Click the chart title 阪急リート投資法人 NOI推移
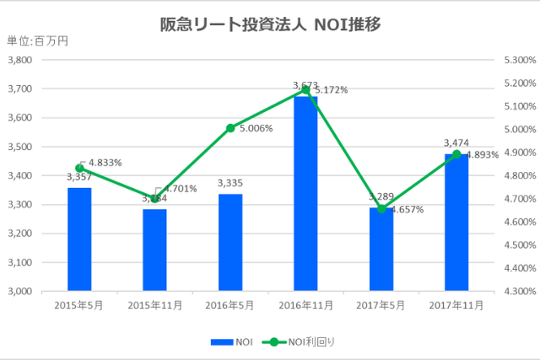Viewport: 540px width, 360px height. tap(270, 24)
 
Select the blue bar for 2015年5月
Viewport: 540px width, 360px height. tap(79, 239)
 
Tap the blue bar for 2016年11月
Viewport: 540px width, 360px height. tap(305, 194)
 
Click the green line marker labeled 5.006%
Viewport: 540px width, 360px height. tap(230, 128)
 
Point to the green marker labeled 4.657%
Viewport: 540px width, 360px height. tap(381, 208)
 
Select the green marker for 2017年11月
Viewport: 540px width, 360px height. tap(456, 154)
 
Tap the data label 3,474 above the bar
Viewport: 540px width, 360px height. tap(456, 143)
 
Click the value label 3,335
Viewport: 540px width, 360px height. tap(230, 183)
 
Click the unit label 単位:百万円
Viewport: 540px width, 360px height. tap(38, 41)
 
